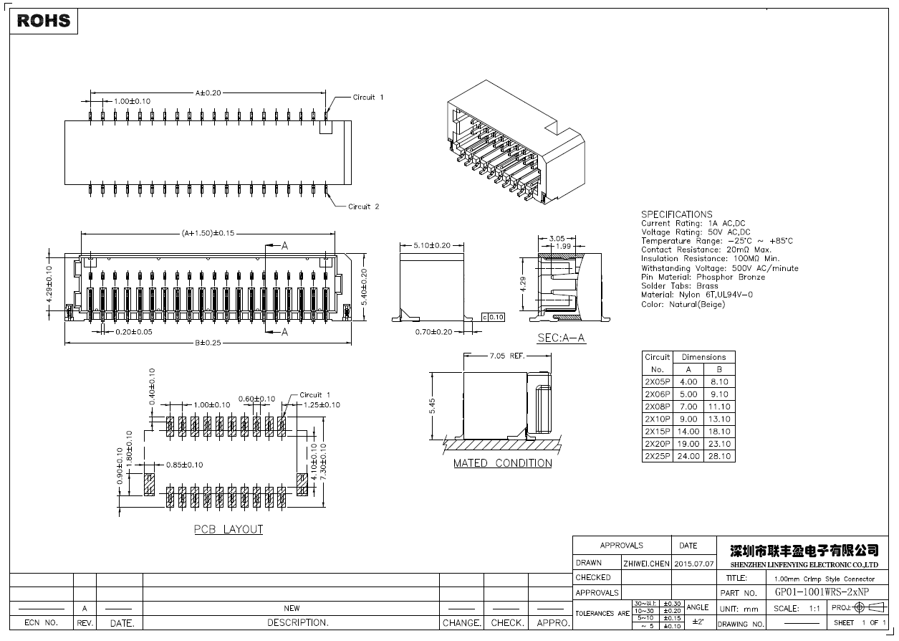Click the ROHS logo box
point(44,21)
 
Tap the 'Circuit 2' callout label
point(363,206)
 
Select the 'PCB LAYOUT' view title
point(229,530)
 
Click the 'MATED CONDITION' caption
point(502,463)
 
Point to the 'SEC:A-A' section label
point(562,338)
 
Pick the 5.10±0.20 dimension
point(432,245)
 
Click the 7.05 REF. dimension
point(506,356)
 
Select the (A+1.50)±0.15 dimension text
point(208,233)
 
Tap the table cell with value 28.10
point(719,456)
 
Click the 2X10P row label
point(657,419)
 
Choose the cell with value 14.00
point(688,432)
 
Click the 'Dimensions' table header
point(703,357)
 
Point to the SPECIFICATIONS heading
point(676,214)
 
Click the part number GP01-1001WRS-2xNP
point(822,592)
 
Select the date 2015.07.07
point(694,564)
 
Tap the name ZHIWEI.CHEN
point(646,564)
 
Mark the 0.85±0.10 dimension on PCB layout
point(184,465)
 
